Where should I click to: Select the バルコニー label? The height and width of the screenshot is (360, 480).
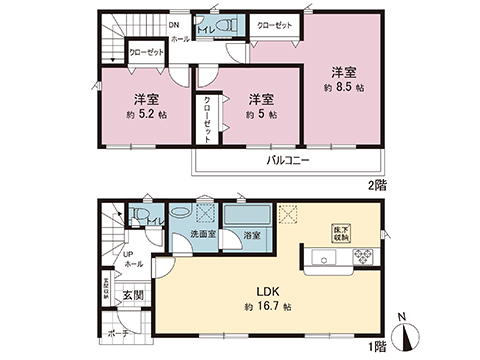coord(287,160)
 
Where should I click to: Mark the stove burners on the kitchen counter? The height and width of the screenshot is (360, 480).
coord(361,259)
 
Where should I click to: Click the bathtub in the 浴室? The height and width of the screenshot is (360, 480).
coord(243,215)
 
